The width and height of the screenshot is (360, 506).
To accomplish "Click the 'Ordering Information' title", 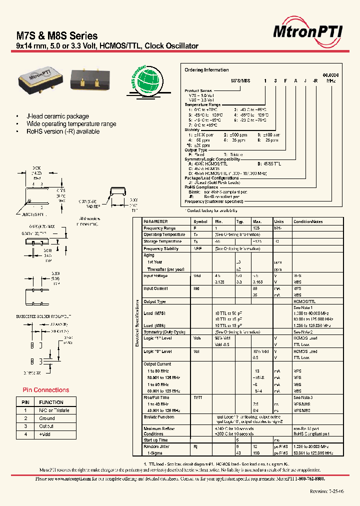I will [x=206, y=70].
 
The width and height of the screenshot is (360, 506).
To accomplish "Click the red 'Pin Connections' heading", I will [x=46, y=390].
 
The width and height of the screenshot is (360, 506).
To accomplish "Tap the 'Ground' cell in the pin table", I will [x=47, y=418].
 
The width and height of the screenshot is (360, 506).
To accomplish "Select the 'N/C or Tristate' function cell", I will [x=54, y=410].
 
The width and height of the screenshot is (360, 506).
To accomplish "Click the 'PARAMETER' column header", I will [x=155, y=221].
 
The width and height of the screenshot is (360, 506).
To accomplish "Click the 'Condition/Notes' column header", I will [x=309, y=221].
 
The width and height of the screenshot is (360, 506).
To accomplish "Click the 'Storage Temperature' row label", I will [x=162, y=241].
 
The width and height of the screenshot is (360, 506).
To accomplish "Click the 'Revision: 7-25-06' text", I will [x=327, y=491].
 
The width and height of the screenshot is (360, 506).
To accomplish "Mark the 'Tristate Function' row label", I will [x=159, y=416].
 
